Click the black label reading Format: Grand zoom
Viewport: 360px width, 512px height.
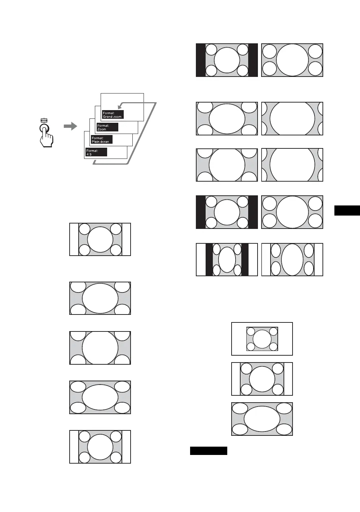pyautogui.click(x=113, y=114)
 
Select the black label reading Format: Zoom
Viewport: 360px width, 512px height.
pyautogui.click(x=107, y=127)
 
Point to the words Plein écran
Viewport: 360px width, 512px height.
pyautogui.click(x=100, y=142)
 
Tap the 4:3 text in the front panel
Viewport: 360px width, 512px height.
pyautogui.click(x=89, y=154)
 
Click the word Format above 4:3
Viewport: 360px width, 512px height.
pyautogui.click(x=92, y=151)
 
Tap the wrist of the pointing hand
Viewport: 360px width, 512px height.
pyautogui.click(x=47, y=144)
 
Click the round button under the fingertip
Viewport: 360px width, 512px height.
pyautogui.click(x=44, y=129)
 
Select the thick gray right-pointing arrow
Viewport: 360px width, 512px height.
pyautogui.click(x=70, y=126)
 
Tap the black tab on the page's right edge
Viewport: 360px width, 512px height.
pyautogui.click(x=347, y=210)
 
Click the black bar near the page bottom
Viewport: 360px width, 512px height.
pyautogui.click(x=208, y=451)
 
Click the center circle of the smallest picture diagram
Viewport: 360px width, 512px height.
pyautogui.click(x=262, y=339)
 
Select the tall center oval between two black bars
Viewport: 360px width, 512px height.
pyautogui.click(x=227, y=260)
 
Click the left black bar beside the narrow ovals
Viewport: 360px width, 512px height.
pyautogui.click(x=209, y=260)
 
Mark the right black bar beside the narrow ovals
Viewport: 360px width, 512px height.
pyautogui.click(x=245, y=260)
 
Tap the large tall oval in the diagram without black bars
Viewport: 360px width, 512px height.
pyautogui.click(x=292, y=260)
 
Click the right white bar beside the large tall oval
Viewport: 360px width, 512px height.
pyautogui.click(x=319, y=260)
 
